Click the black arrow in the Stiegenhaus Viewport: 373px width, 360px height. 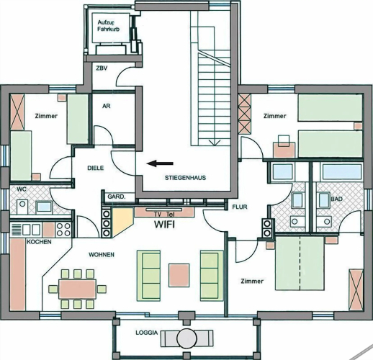[160, 163]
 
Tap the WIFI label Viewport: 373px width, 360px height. [164, 225]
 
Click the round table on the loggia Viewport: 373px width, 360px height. [186, 338]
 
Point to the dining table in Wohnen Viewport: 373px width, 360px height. [78, 289]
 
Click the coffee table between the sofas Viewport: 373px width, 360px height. [179, 275]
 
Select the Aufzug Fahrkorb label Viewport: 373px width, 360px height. [108, 26]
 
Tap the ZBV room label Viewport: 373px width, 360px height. [102, 68]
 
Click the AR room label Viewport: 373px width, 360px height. [107, 106]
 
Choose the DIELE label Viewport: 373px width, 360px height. [96, 168]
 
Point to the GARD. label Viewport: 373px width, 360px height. [117, 197]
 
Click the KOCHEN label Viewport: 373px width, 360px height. [39, 242]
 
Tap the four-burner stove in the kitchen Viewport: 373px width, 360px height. [63, 230]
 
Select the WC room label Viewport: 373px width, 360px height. [22, 189]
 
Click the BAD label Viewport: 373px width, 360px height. [336, 199]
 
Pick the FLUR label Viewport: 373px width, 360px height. [240, 207]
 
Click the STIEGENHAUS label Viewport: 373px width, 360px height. [185, 178]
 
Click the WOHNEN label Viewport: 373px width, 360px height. [102, 254]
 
